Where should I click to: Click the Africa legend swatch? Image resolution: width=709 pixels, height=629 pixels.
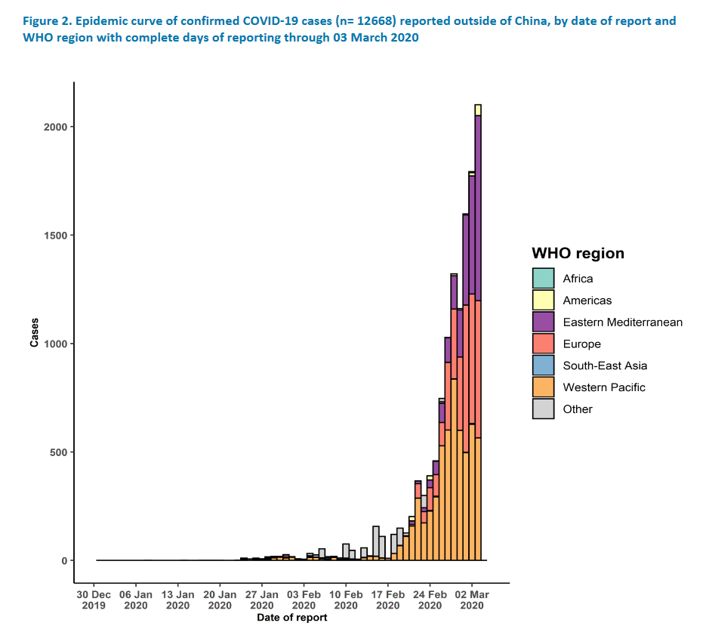543,278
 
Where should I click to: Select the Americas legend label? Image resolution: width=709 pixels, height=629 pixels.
587,301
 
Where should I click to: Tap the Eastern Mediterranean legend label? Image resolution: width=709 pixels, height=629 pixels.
622,322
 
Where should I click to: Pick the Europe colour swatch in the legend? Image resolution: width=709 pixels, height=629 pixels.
543,344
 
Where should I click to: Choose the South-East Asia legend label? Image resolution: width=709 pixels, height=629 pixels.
605,365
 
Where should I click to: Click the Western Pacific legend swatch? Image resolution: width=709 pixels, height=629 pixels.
543,387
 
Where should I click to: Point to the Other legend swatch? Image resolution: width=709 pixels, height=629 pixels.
543,409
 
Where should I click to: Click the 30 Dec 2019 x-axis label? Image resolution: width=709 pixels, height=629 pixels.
94,600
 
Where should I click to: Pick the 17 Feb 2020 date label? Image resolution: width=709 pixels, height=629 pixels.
387,600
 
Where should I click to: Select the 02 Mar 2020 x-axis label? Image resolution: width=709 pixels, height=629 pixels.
472,600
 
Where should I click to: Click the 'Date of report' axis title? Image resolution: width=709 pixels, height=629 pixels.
291,618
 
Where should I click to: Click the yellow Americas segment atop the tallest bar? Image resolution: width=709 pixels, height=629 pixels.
478,110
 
